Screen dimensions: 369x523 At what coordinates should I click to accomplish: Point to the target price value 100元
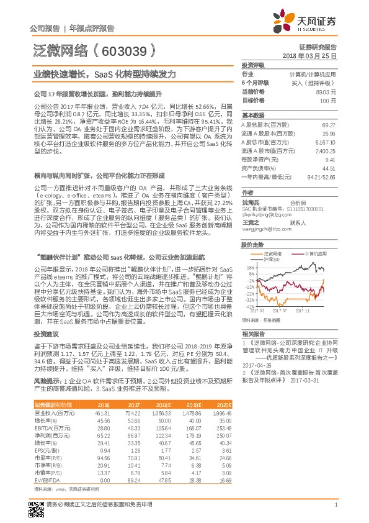pos(329,100)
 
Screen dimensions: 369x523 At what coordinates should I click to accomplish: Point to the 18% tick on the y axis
pos(249,268)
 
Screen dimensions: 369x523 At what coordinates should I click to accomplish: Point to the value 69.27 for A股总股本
pos(329,125)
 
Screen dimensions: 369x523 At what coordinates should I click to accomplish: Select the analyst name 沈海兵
pos(250,202)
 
